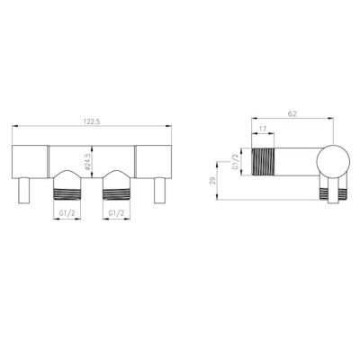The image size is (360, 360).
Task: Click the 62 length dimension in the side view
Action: coord(292,113)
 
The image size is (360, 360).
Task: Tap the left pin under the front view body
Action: coord(23,190)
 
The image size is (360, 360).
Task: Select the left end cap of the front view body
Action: coord(29,160)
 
